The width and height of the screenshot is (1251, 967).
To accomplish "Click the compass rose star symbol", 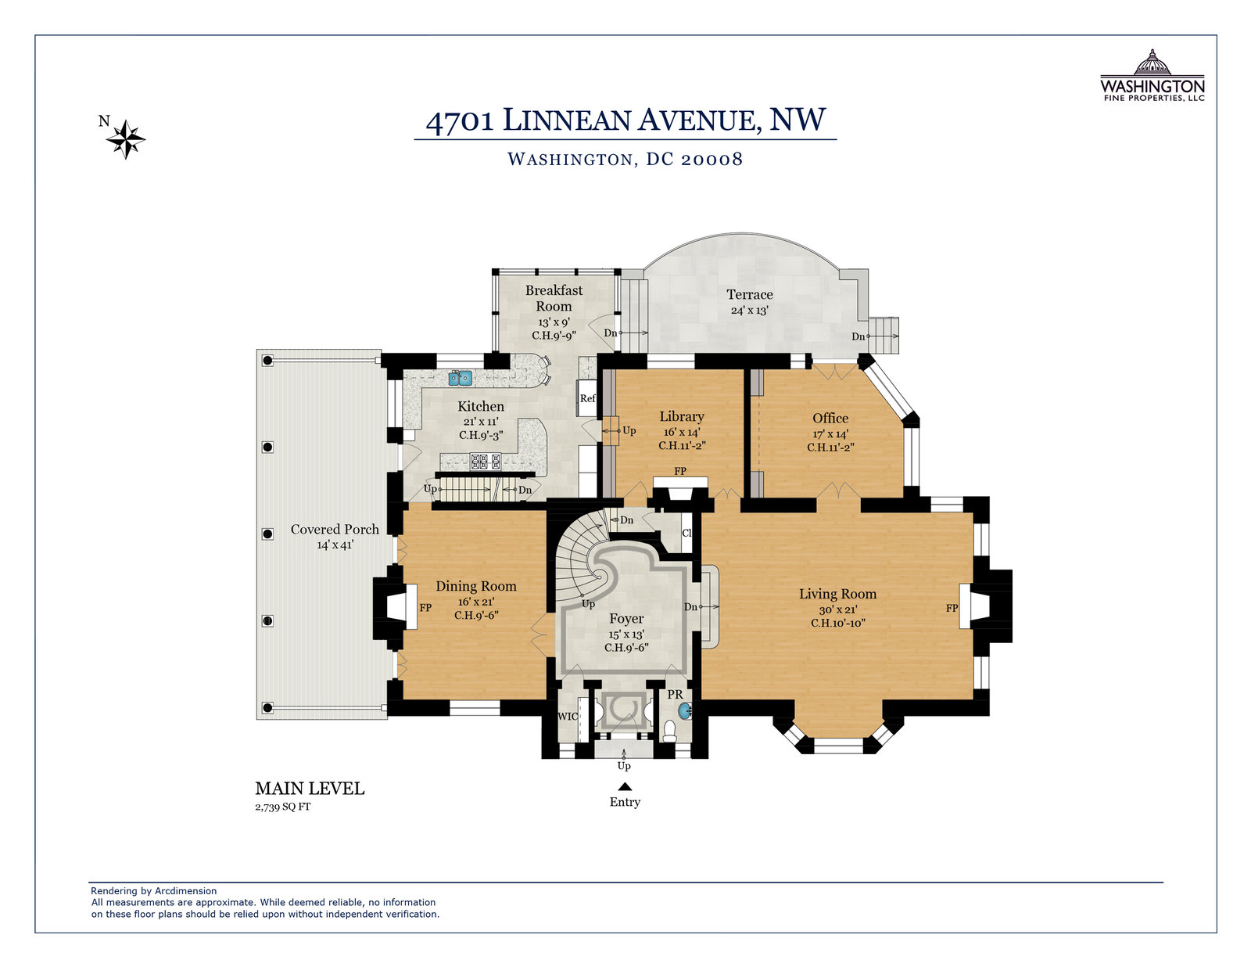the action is (126, 139).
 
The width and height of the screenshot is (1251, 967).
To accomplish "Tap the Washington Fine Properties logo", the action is (1152, 75).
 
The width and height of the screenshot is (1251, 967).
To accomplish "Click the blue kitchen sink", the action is (460, 378).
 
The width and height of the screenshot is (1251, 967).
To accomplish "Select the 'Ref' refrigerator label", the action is (587, 398).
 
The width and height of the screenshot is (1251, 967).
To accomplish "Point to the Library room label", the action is (682, 416).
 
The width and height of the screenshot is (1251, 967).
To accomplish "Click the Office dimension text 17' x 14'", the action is (830, 433).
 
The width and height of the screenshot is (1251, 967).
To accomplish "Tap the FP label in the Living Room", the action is (952, 608).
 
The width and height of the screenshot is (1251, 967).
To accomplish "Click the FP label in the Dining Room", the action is (425, 607).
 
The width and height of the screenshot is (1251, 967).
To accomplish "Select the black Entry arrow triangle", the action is (625, 787).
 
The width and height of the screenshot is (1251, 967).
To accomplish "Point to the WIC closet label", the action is (568, 717).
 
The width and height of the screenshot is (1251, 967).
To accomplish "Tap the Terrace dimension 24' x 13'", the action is (750, 311).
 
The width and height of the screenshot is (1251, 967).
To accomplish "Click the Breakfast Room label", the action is (554, 298).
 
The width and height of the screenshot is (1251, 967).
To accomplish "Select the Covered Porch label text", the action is (335, 530).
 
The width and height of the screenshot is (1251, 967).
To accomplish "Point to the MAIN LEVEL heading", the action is (310, 789).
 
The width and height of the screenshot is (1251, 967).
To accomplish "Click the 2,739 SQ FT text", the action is (283, 807).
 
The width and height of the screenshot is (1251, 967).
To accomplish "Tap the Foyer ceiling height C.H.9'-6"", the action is (626, 647).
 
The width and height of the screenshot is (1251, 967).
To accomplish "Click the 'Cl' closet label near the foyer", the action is (686, 533).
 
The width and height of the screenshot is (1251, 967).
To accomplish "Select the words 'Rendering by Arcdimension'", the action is (154, 891).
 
